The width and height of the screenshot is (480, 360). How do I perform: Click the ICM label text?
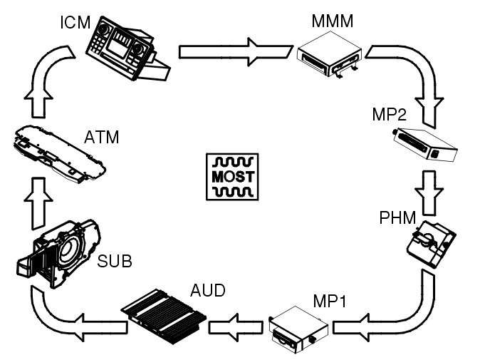click(75, 22)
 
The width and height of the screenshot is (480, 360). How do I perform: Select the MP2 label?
click(387, 115)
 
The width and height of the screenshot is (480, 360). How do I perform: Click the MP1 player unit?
click(299, 330)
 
